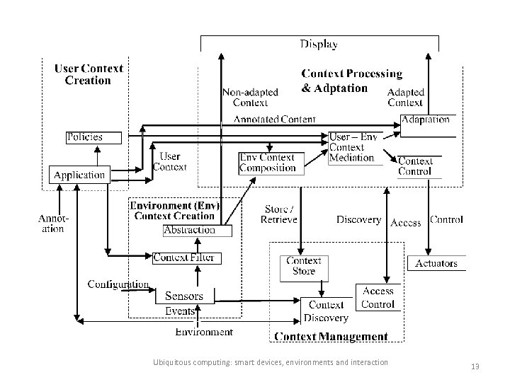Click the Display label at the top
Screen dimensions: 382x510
tap(319, 44)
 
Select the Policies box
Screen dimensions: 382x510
tap(84, 137)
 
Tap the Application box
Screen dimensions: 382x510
tap(79, 174)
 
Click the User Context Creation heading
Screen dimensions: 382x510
tap(89, 74)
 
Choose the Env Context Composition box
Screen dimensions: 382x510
tap(267, 163)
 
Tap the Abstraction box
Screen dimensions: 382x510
tap(189, 230)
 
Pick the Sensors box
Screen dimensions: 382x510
tap(183, 296)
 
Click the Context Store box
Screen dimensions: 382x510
tap(304, 266)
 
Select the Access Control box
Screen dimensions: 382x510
tap(378, 298)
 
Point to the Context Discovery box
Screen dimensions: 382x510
tap(327, 311)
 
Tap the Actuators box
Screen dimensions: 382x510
tap(436, 263)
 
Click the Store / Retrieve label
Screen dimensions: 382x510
tap(279, 214)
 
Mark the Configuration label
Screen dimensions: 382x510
tap(118, 284)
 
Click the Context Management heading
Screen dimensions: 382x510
tap(331, 337)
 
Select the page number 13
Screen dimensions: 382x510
tap(475, 366)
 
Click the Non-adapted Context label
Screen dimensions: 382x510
tap(250, 97)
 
